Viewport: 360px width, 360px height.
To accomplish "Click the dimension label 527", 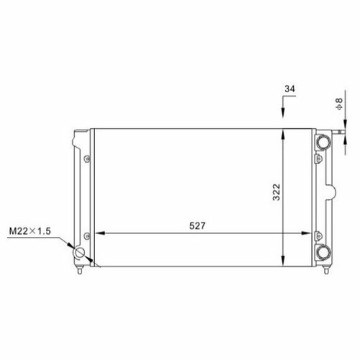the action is [x=197, y=226].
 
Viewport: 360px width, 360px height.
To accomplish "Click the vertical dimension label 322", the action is [x=276, y=192].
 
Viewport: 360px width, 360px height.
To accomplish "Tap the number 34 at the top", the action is [x=289, y=89].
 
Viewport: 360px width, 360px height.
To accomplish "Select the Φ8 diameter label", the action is [x=340, y=104].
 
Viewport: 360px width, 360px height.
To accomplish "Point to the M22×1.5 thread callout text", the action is [x=30, y=231].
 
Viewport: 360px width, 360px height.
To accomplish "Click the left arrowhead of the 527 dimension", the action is [x=101, y=233].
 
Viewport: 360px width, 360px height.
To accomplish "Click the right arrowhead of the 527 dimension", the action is [x=306, y=233].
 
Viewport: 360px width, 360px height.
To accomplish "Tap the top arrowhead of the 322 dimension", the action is [x=283, y=134].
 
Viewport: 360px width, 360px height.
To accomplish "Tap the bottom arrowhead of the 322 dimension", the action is [x=283, y=261].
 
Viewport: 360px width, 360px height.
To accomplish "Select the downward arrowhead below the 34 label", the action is [x=283, y=112].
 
